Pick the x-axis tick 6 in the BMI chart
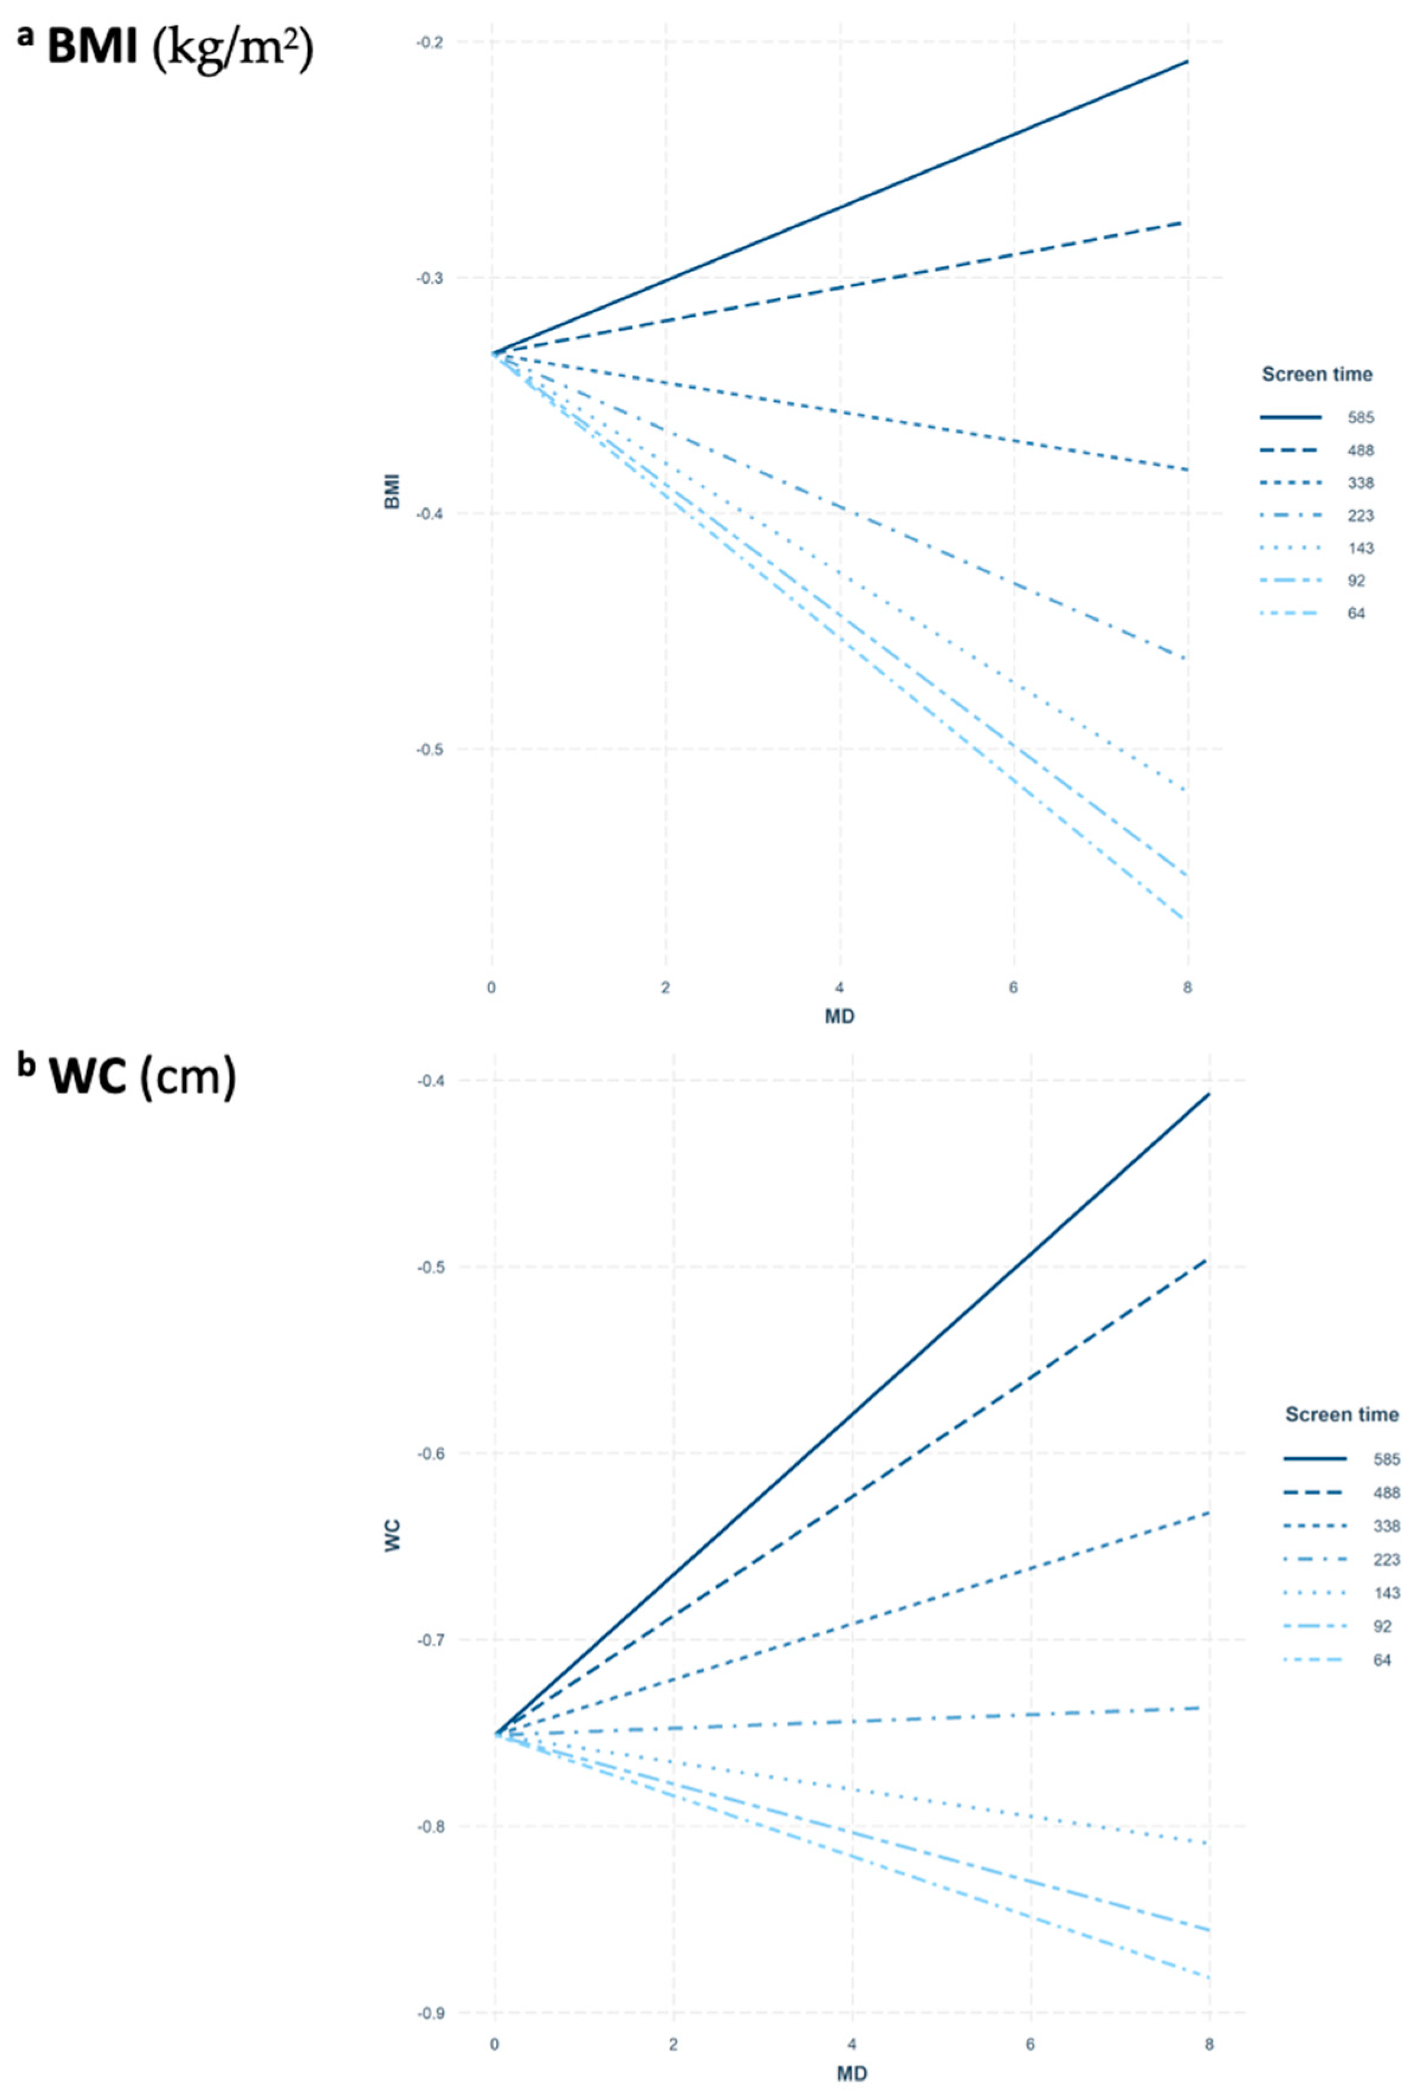pos(1013,987)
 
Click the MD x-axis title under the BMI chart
pos(839,1016)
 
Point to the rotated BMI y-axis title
pos(393,492)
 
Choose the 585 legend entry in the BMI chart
pos(1359,418)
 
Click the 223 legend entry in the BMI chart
pos(1359,516)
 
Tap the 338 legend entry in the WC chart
pos(1385,1527)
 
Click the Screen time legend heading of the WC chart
pos(1340,1414)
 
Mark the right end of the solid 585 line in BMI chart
pos(1187,62)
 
